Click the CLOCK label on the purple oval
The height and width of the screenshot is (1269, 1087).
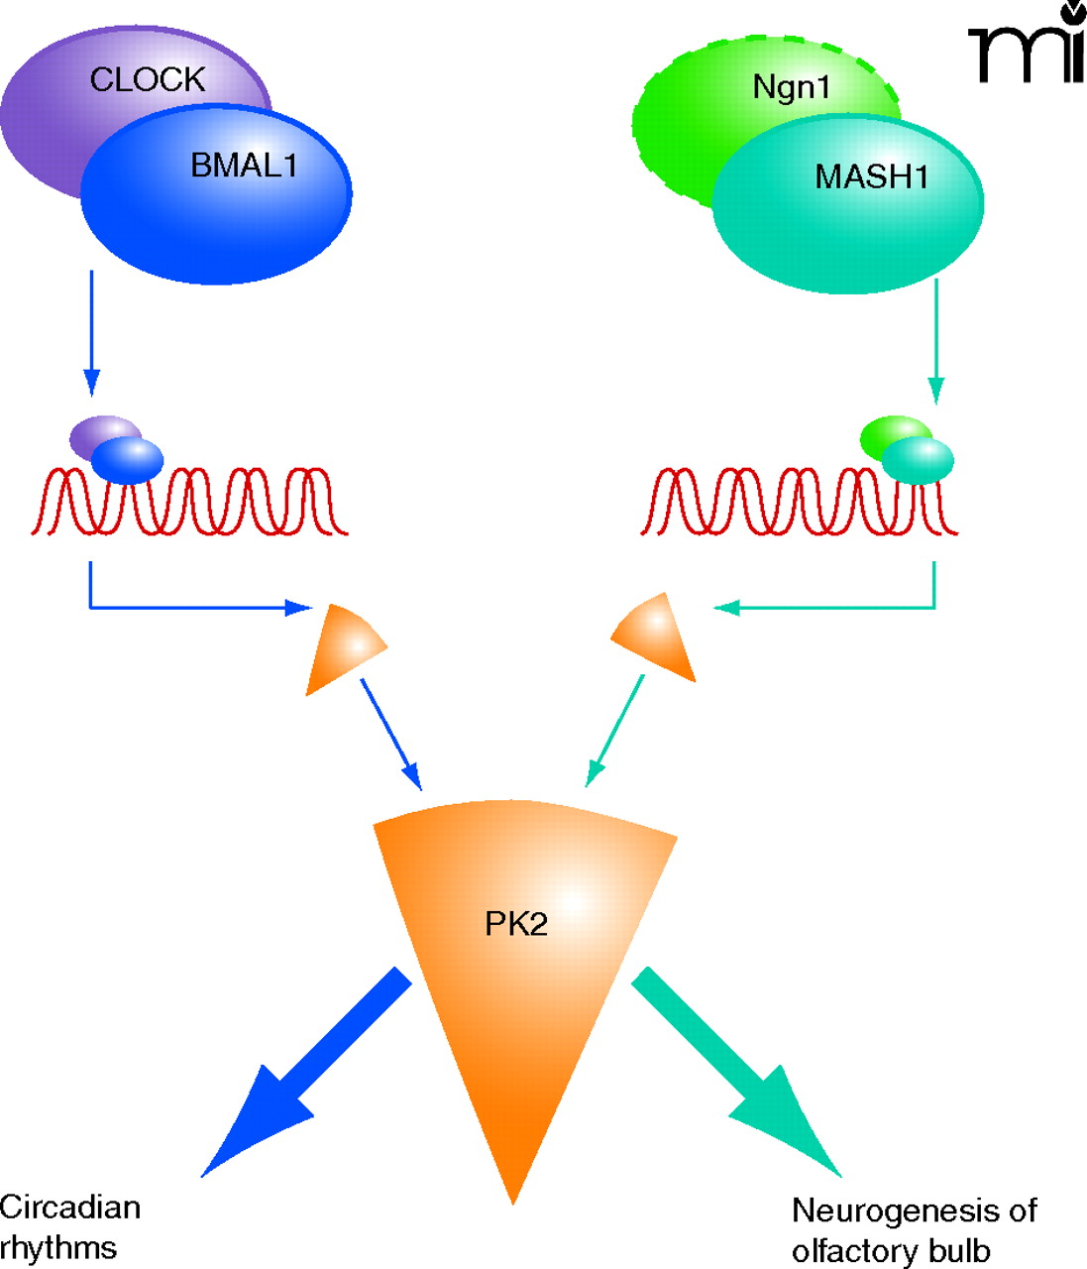point(147,79)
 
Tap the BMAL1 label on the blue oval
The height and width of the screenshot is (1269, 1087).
point(244,165)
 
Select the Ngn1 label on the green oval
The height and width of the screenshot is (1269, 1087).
point(791,87)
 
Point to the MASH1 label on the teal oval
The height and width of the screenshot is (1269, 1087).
point(872,176)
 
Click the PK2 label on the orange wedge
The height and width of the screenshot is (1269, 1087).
point(516,924)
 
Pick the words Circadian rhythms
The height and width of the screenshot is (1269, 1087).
point(69,1226)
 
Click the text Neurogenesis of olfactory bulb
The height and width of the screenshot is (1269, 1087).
point(914,1229)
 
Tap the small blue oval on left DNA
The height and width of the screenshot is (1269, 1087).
point(129,460)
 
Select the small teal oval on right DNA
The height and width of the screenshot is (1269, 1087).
point(919,460)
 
